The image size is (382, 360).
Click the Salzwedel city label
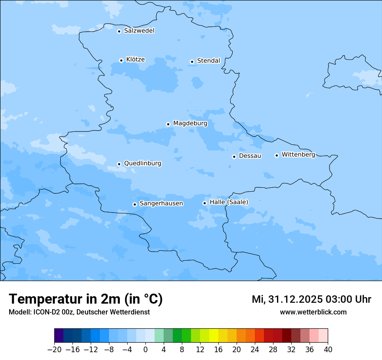pyautogui.click(x=139, y=31)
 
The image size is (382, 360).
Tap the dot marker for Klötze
pyautogui.click(x=122, y=60)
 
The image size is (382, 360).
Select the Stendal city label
pyautogui.click(x=208, y=61)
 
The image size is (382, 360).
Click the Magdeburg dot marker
pyautogui.click(x=168, y=124)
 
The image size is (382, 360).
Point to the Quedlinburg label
pyautogui.click(x=142, y=164)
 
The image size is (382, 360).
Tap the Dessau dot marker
pyautogui.click(x=234, y=157)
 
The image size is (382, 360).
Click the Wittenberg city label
pyautogui.click(x=298, y=155)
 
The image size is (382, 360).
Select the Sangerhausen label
pyautogui.click(x=161, y=203)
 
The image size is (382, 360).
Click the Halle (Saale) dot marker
pyautogui.click(x=204, y=203)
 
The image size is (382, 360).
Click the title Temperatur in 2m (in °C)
pyautogui.click(x=86, y=299)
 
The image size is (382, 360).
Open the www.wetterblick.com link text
pyautogui.click(x=313, y=312)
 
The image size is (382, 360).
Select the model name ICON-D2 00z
pyautogui.click(x=53, y=312)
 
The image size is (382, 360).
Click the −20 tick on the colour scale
pyautogui.click(x=54, y=350)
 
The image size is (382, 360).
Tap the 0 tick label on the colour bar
pyautogui.click(x=145, y=350)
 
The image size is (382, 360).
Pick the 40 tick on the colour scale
pyautogui.click(x=328, y=350)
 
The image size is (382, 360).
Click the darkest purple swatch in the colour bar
pyautogui.click(x=59, y=336)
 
